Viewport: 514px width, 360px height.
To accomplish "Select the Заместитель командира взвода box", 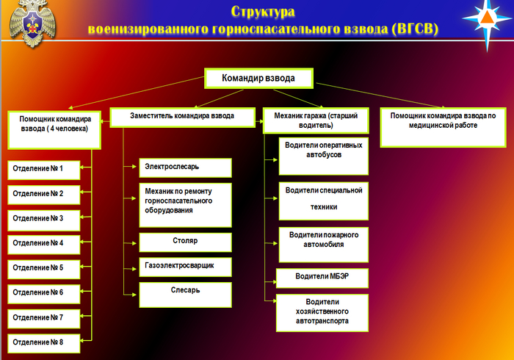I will (183, 118).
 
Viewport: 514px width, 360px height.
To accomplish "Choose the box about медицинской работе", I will (444, 120).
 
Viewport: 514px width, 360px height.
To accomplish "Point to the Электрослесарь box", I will (185, 168).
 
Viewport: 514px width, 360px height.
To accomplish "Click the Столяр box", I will (185, 242).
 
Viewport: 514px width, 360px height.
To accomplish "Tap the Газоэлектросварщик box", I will (185, 266).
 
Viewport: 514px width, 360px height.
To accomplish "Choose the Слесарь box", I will (185, 293).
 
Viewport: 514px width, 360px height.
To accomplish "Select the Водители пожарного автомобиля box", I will (322, 240).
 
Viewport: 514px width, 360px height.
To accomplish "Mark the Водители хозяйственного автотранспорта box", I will (322, 312).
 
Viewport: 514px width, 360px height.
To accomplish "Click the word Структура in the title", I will (263, 12).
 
